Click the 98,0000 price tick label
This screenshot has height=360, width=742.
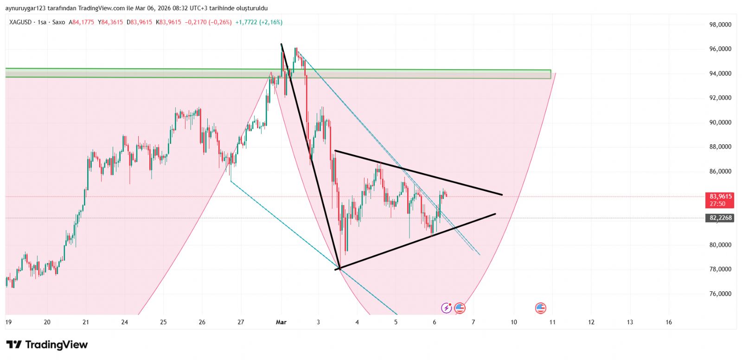[x=720, y=25]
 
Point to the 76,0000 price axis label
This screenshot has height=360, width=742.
[x=720, y=294]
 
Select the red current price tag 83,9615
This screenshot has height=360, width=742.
[x=720, y=197]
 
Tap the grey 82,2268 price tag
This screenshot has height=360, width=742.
[x=720, y=218]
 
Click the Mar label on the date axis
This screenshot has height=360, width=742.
[x=281, y=322]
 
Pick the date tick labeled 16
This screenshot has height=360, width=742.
[x=668, y=322]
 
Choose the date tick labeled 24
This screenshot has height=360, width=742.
[x=124, y=322]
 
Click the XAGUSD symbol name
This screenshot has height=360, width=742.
[x=20, y=22]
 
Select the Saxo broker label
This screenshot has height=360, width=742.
[x=59, y=22]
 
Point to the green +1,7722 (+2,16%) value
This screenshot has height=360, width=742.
[x=259, y=22]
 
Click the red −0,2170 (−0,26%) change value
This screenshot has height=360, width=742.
[x=208, y=22]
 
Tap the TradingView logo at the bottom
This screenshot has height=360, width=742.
[x=47, y=345]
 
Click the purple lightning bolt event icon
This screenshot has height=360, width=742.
[x=446, y=308]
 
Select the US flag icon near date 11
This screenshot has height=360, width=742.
[x=540, y=308]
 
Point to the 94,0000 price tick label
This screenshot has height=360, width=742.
[x=720, y=73]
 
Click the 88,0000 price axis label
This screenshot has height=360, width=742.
[x=720, y=147]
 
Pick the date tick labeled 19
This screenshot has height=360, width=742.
[x=8, y=322]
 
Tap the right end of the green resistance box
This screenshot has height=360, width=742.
[x=550, y=74]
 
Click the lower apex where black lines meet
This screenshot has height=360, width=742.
[x=340, y=269]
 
